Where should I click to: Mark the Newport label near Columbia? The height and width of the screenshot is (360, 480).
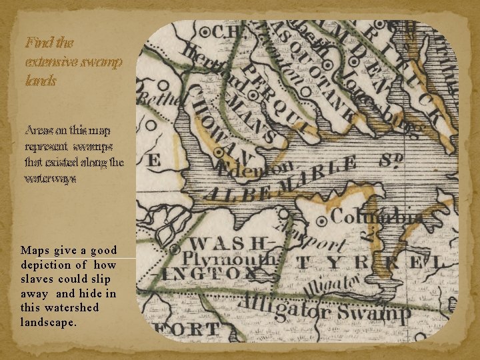(x=313, y=241)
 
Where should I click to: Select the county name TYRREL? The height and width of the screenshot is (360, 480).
(x=367, y=262)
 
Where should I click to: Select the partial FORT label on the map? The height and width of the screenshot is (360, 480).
(x=187, y=328)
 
